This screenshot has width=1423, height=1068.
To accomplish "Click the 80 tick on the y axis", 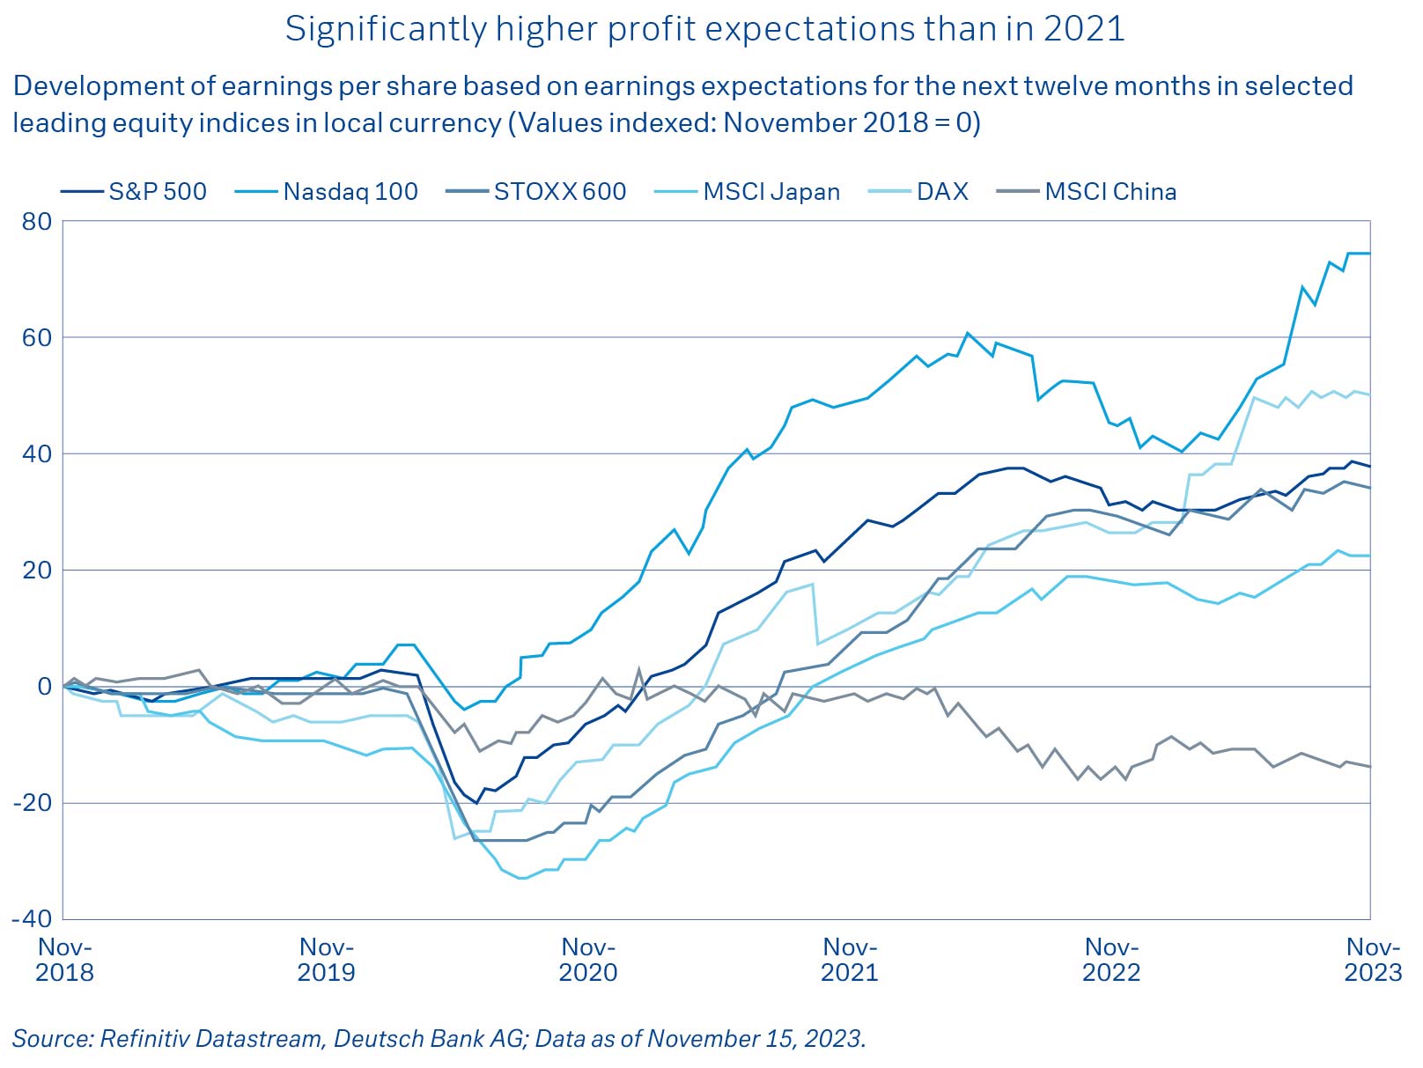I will pos(38,221).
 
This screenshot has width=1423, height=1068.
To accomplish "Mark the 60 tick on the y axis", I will pos(38,337).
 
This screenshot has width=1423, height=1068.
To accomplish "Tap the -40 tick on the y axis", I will pos(32,918).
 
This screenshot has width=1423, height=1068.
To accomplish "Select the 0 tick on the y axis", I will pos(44,686).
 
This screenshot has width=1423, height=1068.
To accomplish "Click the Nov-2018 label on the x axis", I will pos(64,960).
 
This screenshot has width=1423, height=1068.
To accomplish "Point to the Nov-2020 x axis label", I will pos(588,960).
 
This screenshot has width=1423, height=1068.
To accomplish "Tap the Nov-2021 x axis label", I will pos(850,960).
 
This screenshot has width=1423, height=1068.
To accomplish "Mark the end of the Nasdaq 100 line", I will pos(1369,254).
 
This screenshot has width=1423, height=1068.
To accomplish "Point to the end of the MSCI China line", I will pos(1369,767).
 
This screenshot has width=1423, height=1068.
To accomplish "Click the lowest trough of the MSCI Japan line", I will pos(520,878).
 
